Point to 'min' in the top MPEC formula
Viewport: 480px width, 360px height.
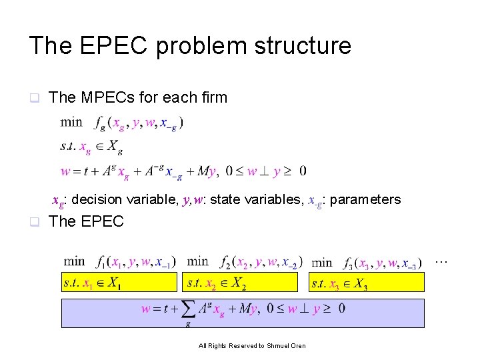pos(71,122)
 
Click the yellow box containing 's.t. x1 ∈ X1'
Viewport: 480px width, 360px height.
pos(119,283)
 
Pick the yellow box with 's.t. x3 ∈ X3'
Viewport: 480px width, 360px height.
pos(367,283)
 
